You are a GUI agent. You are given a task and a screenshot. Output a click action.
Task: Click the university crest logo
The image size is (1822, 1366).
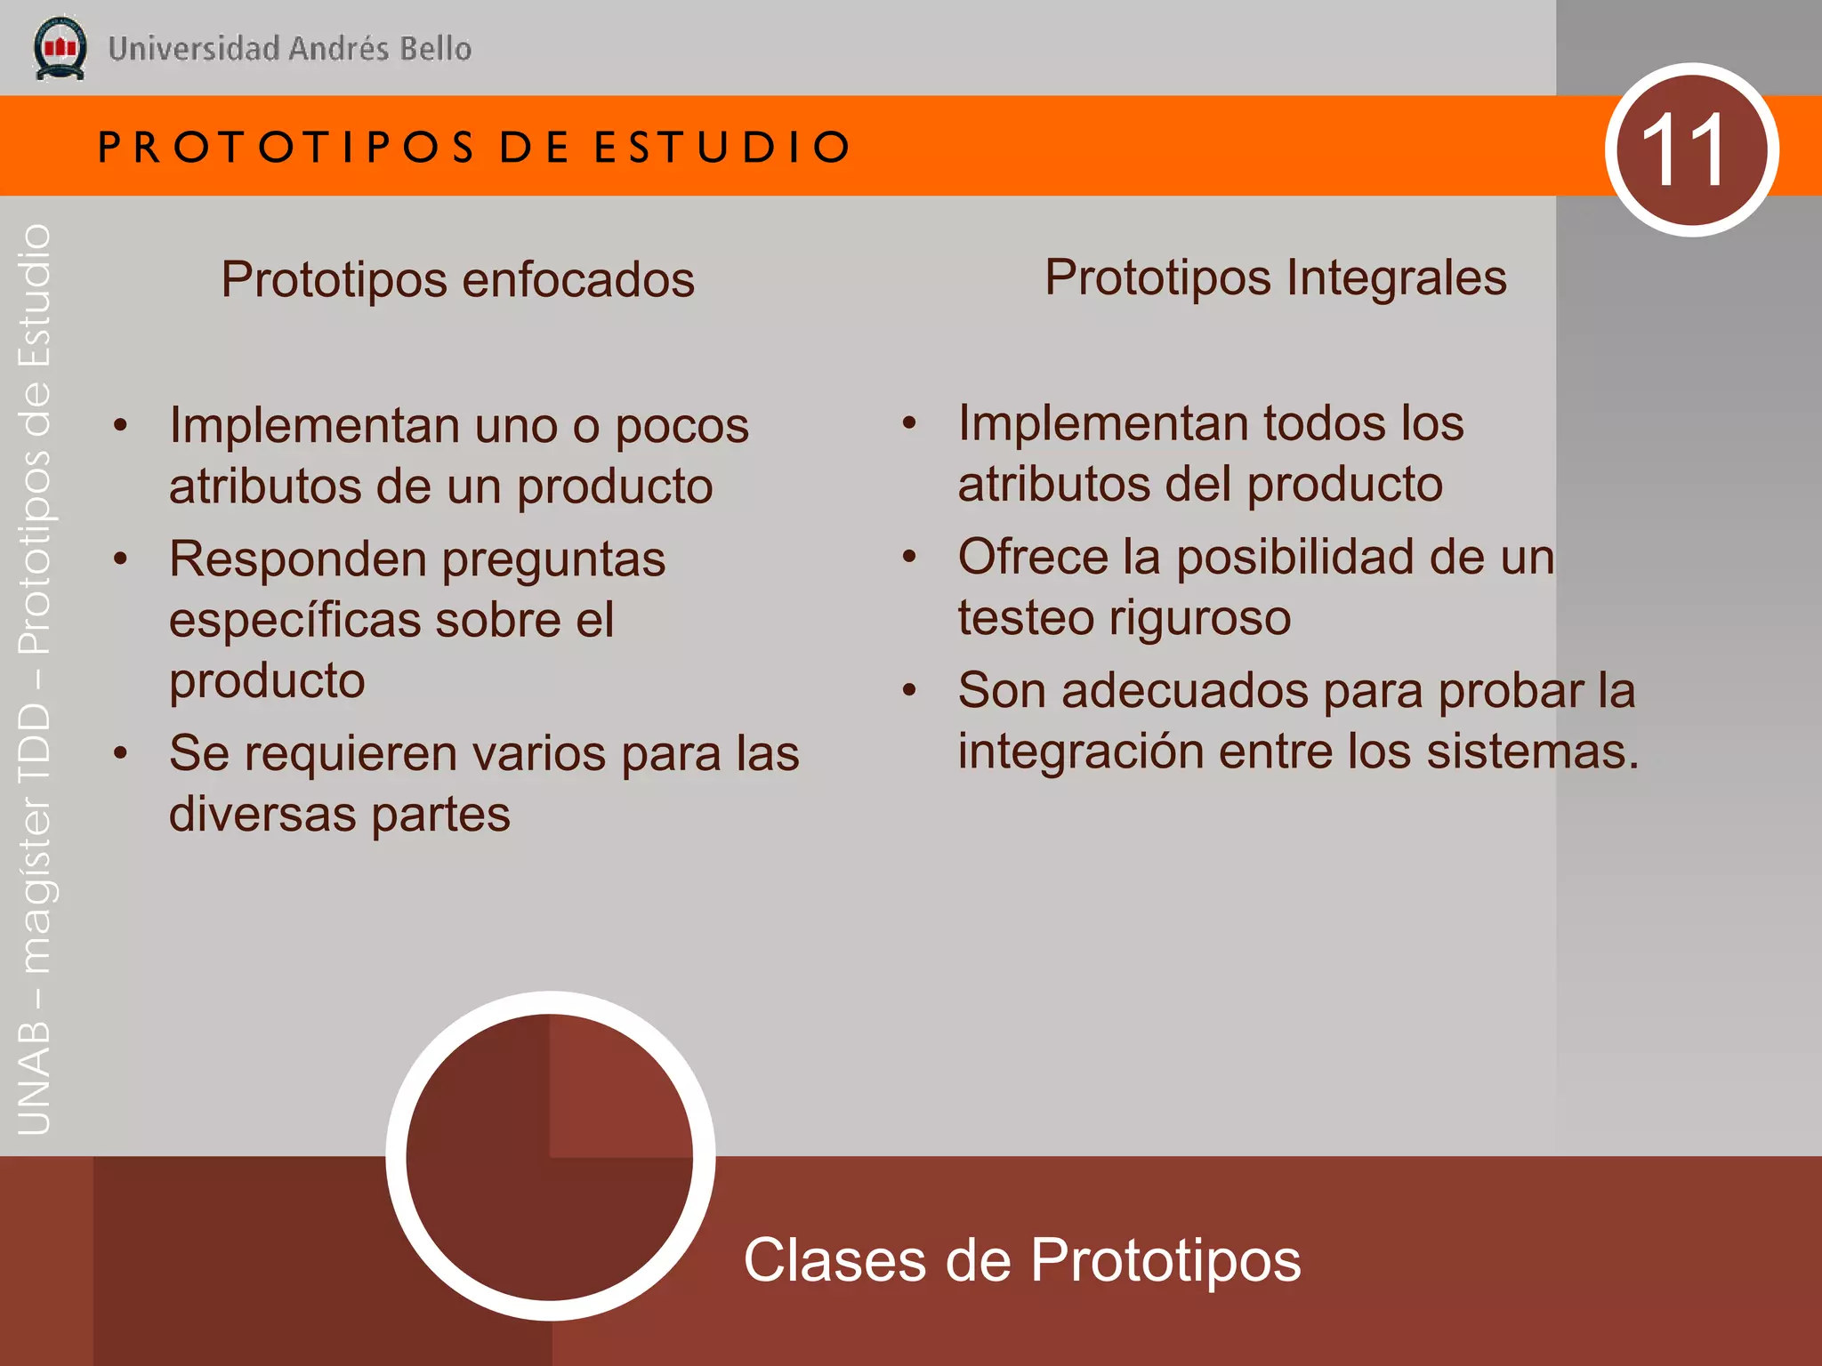coord(60,49)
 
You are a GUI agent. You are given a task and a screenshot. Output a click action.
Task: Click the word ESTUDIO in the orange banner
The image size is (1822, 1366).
coord(722,147)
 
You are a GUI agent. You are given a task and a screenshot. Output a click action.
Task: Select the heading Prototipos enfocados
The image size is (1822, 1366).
coord(457,280)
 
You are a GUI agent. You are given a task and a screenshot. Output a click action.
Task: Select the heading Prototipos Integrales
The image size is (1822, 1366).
coord(1275,277)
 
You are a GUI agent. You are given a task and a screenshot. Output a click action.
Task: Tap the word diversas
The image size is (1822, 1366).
coord(262,815)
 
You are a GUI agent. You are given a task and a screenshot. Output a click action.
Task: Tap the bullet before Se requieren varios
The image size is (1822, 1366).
coord(121,753)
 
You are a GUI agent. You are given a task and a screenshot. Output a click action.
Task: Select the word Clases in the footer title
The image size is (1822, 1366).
coord(834,1260)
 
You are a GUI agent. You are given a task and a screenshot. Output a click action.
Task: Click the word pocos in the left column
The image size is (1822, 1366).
coord(681,426)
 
